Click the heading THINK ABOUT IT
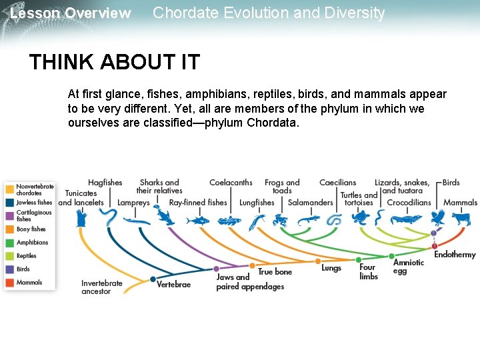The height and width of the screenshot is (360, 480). pyautogui.click(x=114, y=63)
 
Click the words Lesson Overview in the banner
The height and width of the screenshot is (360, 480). pyautogui.click(x=71, y=13)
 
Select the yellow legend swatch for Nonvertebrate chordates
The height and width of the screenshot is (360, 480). pyautogui.click(x=9, y=189)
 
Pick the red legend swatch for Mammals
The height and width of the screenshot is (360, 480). pyautogui.click(x=9, y=283)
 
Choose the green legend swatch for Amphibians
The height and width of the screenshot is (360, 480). pyautogui.click(x=9, y=243)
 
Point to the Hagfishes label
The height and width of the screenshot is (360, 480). pyautogui.click(x=105, y=183)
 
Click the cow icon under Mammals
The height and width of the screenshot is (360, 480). pyautogui.click(x=461, y=218)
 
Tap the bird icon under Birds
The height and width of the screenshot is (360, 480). pyautogui.click(x=438, y=218)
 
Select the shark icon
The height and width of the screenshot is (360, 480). pyautogui.click(x=163, y=217)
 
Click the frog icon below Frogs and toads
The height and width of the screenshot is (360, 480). pyautogui.click(x=279, y=219)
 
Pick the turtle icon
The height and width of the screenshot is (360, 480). pyautogui.click(x=359, y=218)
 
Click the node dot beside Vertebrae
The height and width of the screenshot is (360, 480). pyautogui.click(x=153, y=279)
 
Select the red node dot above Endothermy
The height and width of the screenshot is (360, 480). pyautogui.click(x=435, y=246)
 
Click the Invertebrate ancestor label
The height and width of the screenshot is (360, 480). pyautogui.click(x=102, y=287)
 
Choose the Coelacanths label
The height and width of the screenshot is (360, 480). pyautogui.click(x=231, y=183)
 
